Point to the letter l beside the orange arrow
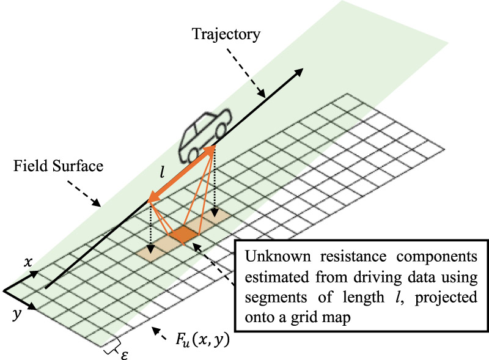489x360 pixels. (x=162, y=173)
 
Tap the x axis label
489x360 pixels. (x=28, y=262)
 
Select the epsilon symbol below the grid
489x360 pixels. (x=124, y=353)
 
